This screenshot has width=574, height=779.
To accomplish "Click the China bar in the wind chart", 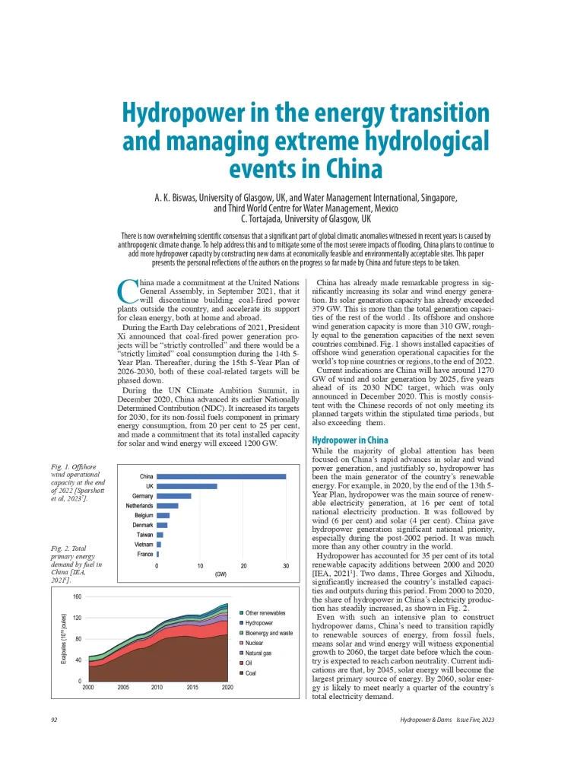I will [x=221, y=477].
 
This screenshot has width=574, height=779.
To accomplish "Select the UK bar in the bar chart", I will [x=187, y=486].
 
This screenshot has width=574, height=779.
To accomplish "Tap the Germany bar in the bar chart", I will [x=174, y=496].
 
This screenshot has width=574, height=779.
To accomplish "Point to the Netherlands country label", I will [x=139, y=506].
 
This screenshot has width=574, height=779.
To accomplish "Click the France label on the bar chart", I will [x=144, y=555].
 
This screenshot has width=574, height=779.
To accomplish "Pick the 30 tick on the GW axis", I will [x=286, y=567].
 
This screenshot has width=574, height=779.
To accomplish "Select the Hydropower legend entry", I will [x=259, y=622].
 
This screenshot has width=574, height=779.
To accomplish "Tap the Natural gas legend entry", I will [x=259, y=653].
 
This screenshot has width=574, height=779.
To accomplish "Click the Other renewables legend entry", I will [x=265, y=612].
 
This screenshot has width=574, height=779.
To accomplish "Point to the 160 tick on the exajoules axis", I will [x=77, y=597].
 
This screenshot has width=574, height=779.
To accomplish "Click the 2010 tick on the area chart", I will [x=157, y=687].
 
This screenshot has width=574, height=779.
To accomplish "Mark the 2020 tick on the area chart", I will [x=227, y=687].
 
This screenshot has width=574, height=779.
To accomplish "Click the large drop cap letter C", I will [x=128, y=291].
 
